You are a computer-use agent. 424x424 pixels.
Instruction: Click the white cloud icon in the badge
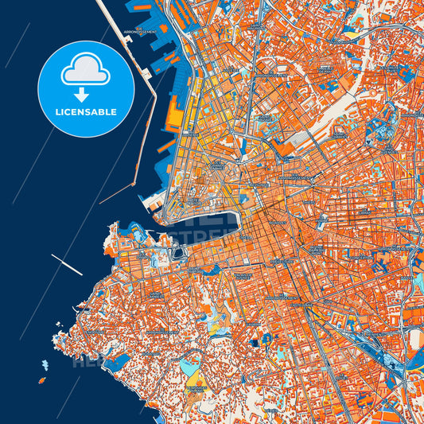pos(85,69)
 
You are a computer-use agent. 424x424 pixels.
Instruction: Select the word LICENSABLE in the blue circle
pos(85,112)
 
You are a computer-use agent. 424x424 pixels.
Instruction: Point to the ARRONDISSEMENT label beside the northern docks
pos(140,33)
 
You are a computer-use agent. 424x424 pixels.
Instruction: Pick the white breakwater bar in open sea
pos(67,264)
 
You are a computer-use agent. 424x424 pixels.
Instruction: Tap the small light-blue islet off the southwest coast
pos(45,364)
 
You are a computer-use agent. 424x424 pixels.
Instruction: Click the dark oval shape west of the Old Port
pos(177,254)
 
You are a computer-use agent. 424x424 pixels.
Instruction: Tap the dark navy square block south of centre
pos(254,343)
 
